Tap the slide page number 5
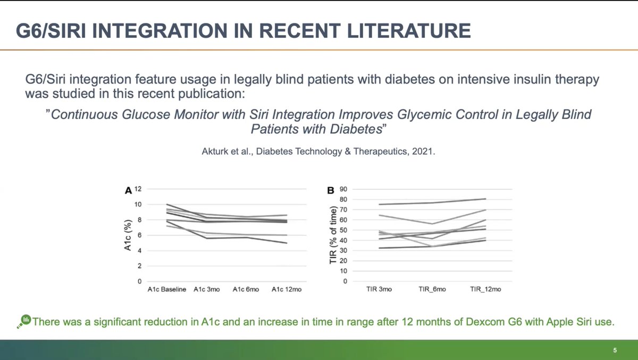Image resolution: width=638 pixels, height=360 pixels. pos(615,350)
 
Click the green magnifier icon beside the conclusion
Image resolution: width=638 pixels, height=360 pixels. pos(25,321)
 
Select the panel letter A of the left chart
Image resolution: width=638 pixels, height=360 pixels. pos(128,190)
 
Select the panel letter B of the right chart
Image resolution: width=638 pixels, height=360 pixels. pos(330,190)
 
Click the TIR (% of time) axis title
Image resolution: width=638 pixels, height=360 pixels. pos(333,235)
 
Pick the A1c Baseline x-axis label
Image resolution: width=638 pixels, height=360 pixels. pos(167,290)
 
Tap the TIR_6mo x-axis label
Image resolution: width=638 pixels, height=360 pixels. pos(432,290)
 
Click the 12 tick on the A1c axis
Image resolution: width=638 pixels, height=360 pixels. pos(138,189)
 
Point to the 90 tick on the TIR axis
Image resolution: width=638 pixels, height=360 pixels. pos(343,189)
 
